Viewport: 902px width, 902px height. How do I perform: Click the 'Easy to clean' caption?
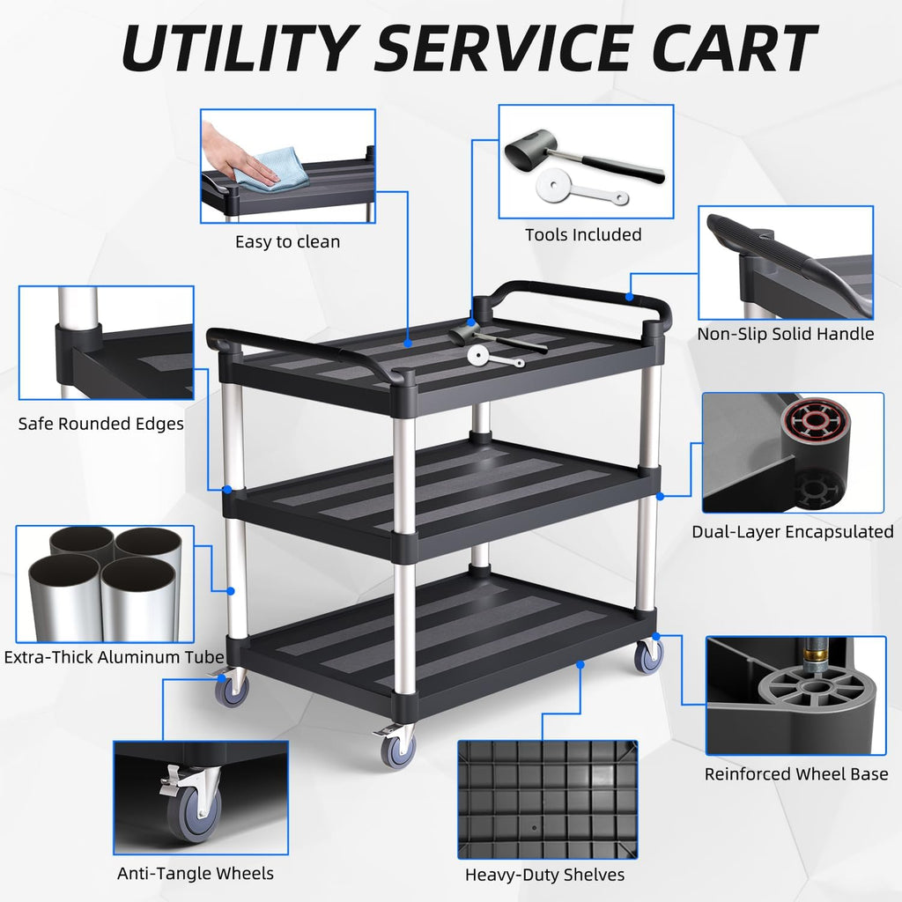(x=287, y=241)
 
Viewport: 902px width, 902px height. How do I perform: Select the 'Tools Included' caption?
(x=583, y=234)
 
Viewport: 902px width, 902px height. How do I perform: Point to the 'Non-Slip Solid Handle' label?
(x=785, y=334)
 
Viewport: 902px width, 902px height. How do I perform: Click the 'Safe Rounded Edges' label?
(x=101, y=424)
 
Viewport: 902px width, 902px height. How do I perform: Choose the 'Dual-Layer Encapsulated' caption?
(x=792, y=531)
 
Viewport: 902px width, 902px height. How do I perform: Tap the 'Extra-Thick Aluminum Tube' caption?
(x=114, y=657)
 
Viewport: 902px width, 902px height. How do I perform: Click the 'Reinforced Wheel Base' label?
(x=796, y=774)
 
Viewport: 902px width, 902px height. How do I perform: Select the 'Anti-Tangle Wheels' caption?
(x=196, y=873)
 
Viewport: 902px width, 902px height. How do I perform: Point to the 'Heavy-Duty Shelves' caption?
(x=544, y=875)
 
